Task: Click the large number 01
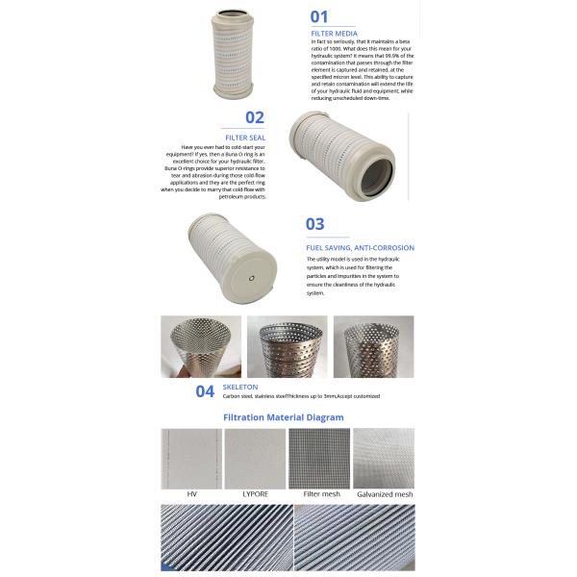(x=319, y=15)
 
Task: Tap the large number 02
(x=254, y=118)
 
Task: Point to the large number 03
(x=315, y=224)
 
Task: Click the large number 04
(x=205, y=390)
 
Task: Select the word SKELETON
(x=239, y=387)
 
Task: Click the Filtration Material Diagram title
(x=283, y=417)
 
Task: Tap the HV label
(x=191, y=493)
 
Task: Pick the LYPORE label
(x=255, y=493)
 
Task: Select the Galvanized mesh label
(x=383, y=493)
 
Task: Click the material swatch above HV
(x=191, y=458)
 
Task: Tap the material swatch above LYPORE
(x=255, y=458)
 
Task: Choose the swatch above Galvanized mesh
(x=383, y=458)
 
